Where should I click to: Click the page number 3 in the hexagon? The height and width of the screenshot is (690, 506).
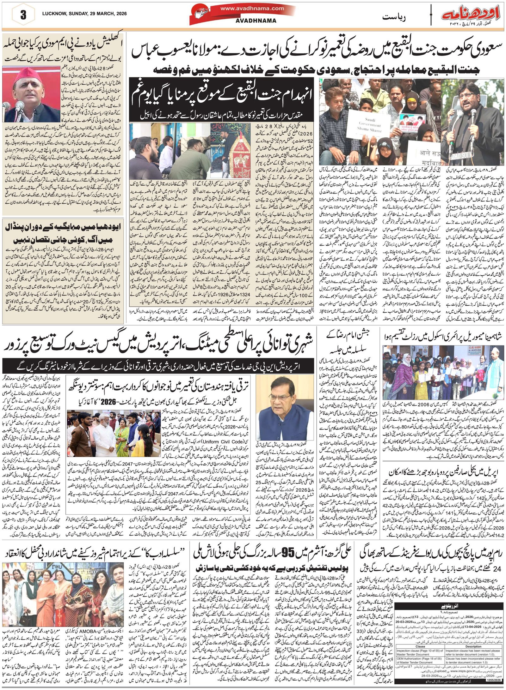(23, 15)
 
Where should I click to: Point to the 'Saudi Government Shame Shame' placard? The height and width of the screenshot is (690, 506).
(370, 125)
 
